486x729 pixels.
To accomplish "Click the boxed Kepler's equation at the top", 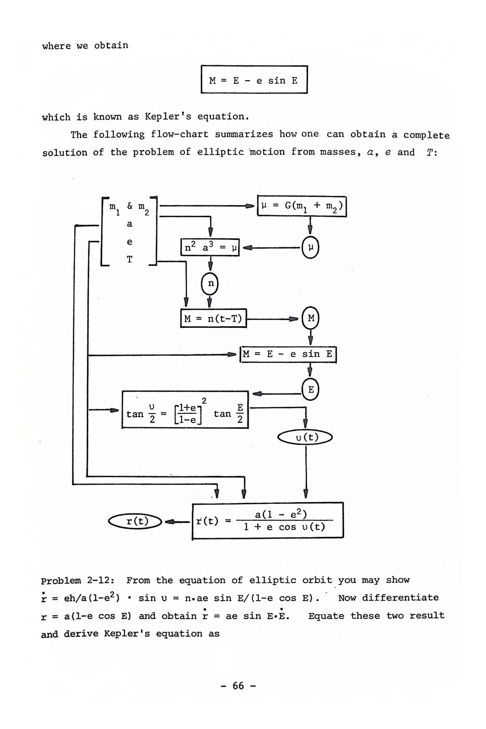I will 254,80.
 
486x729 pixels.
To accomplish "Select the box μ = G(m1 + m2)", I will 302,206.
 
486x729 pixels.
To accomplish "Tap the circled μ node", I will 310,247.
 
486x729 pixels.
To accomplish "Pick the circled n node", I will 210,283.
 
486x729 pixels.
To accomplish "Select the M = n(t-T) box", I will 213,318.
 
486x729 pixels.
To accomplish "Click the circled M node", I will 311,318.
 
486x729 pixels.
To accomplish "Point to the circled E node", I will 311,390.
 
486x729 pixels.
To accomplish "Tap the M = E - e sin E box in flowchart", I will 288,354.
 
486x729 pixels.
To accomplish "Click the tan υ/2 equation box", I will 185,409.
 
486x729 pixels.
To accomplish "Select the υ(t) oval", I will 305,437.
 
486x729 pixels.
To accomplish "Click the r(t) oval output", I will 135,521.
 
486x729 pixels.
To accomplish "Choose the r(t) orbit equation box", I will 268,520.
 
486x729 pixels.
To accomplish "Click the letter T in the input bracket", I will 130,260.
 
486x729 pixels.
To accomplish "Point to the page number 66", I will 239,685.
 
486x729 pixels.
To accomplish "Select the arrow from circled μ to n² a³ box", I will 271,247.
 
